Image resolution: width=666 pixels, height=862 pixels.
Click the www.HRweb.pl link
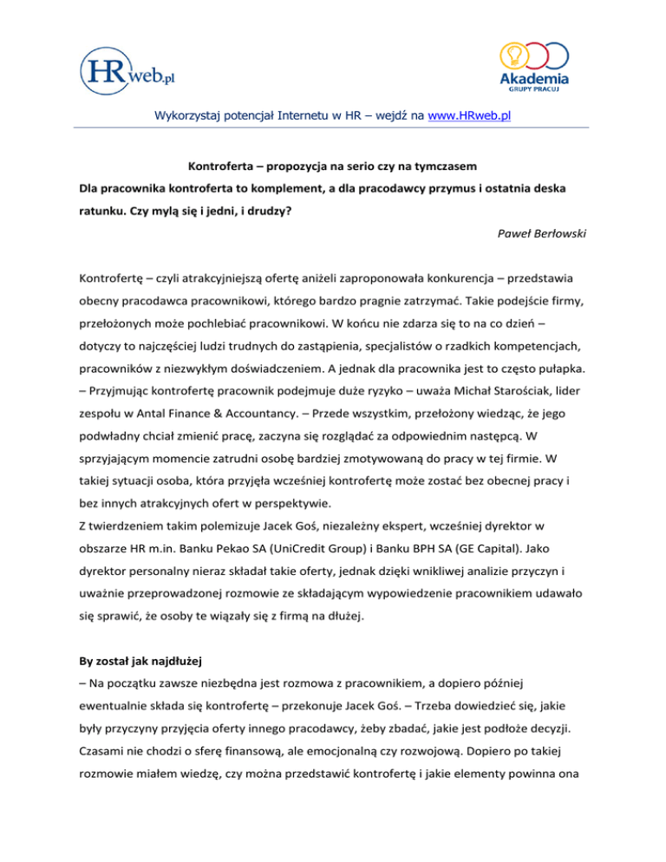pyautogui.click(x=469, y=114)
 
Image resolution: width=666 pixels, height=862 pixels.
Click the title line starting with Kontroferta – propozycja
pyautogui.click(x=333, y=165)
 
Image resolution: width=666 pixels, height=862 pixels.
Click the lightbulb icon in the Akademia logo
pyautogui.click(x=513, y=55)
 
